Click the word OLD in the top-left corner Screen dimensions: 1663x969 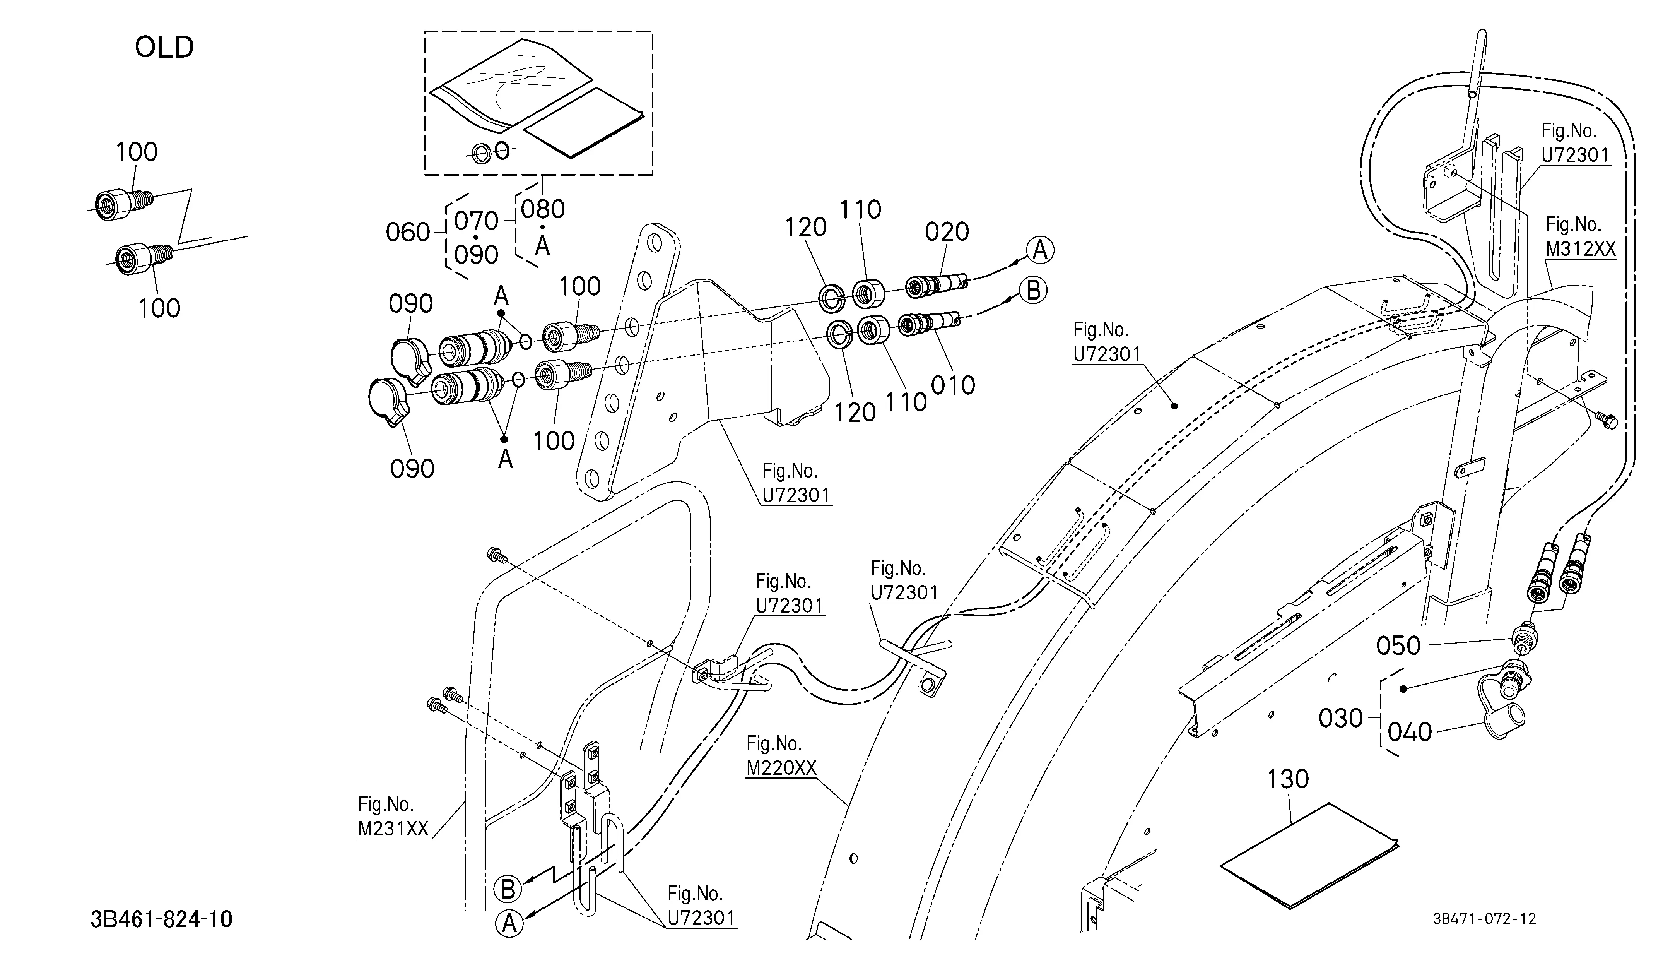(164, 48)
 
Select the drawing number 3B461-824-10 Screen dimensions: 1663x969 (162, 919)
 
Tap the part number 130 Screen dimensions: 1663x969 (1287, 779)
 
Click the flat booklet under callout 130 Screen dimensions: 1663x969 (1309, 856)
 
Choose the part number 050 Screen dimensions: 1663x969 (1398, 645)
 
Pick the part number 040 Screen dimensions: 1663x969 (1410, 732)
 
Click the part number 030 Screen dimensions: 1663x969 (1340, 718)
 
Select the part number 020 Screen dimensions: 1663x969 (947, 232)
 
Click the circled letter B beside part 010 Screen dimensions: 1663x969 (1034, 291)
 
